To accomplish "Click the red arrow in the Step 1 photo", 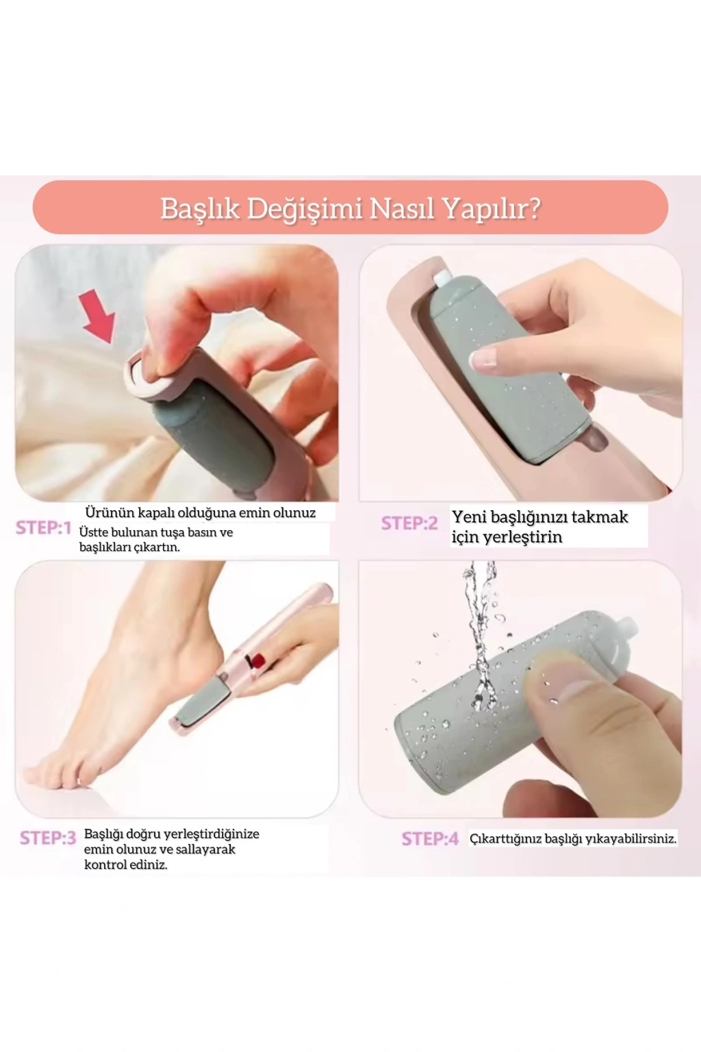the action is point(98,314).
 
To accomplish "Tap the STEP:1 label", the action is point(44,528).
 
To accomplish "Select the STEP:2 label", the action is point(409,523).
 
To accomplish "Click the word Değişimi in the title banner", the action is point(305,209).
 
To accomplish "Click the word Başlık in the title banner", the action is point(201,208).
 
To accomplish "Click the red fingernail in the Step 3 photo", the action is point(259,662).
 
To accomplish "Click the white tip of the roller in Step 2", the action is point(442,279).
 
